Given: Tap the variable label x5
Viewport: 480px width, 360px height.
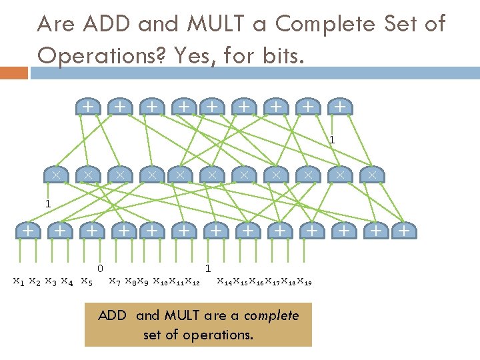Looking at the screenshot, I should pos(86,281).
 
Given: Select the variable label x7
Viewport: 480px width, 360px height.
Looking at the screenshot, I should pos(115,281).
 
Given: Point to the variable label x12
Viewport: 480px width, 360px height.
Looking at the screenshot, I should pos(192,281).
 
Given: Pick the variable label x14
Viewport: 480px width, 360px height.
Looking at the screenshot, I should pos(225,281).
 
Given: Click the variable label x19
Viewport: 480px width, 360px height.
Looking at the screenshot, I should pos(304,281).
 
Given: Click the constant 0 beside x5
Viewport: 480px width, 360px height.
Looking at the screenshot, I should pos(99,269).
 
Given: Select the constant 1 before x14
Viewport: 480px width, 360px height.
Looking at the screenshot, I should pos(208,269).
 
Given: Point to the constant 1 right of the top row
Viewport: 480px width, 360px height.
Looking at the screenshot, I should pos(331,140).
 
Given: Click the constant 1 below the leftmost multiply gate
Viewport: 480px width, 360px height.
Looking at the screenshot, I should pos(47,203).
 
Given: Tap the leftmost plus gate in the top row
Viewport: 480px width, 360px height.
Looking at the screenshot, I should pos(87,105).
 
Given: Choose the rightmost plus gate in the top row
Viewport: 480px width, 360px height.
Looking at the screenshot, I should pos(339,105).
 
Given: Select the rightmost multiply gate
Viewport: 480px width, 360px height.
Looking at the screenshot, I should pos(373,175).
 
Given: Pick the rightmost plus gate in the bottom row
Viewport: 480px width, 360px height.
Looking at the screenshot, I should pos(403,231).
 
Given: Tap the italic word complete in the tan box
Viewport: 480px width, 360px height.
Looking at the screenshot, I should pos(271,315).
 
